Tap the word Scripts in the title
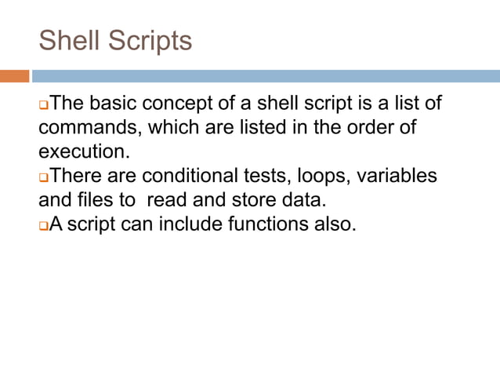149,40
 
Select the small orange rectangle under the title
14,76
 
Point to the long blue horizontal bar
266,76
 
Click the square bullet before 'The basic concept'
44,105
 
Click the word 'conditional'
203,177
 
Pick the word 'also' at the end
335,225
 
